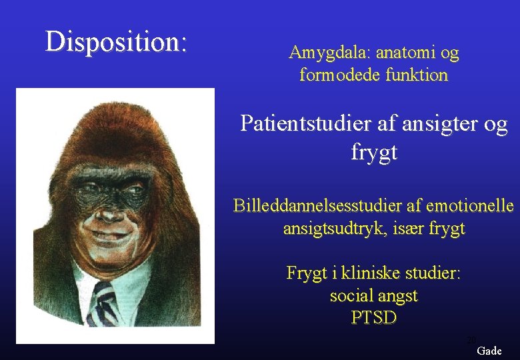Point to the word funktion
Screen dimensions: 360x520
pos(416,75)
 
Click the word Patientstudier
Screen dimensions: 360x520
pos(307,124)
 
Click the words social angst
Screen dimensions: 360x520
pos(373,295)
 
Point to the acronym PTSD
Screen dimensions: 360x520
pos(373,318)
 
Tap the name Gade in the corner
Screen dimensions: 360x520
pos(489,351)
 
